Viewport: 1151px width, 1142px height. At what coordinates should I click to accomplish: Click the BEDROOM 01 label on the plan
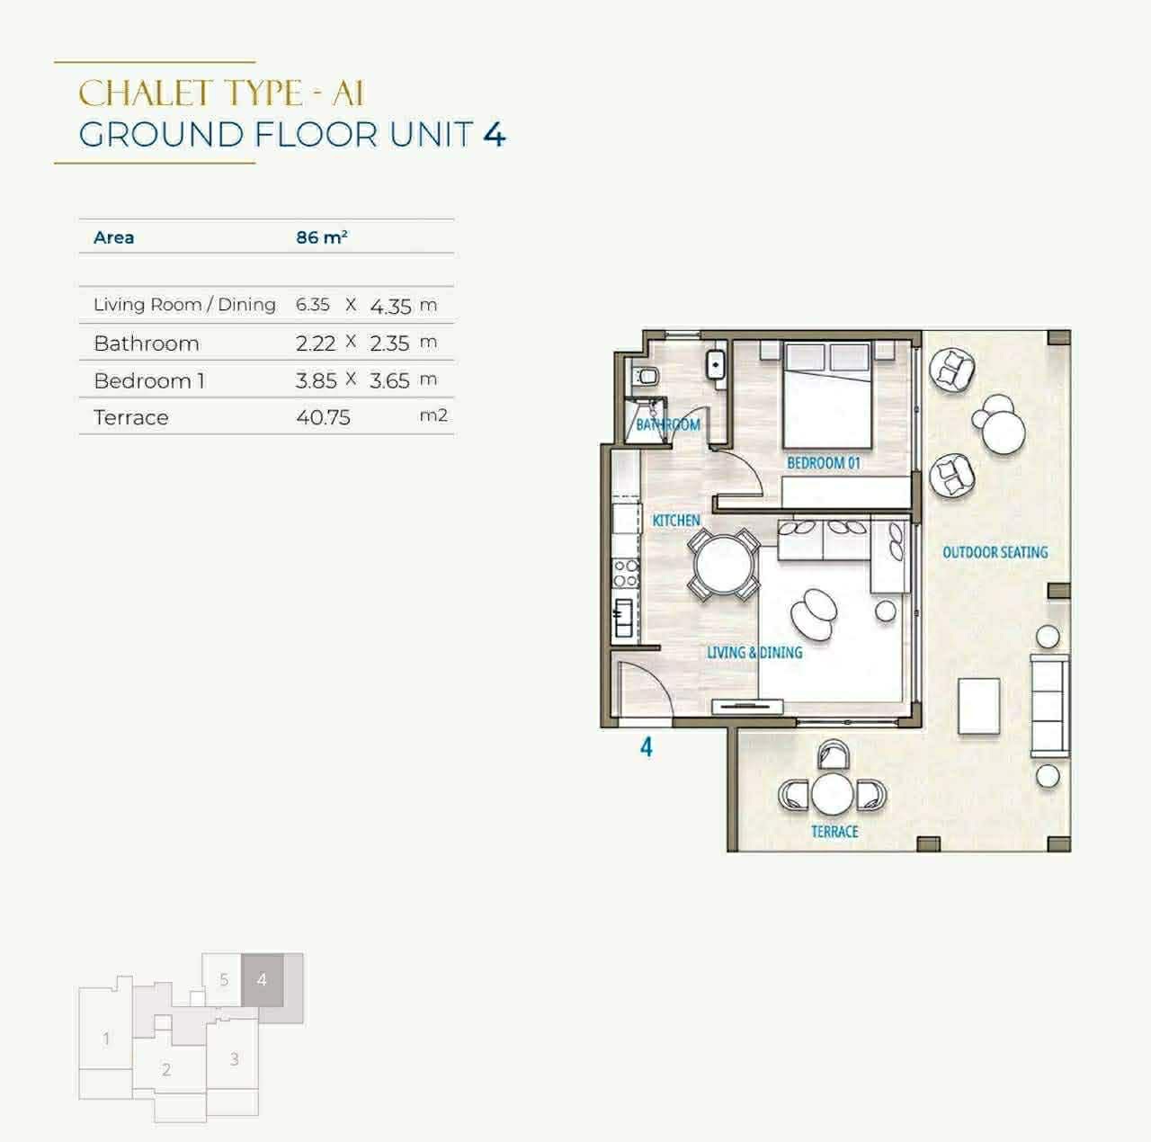tap(824, 462)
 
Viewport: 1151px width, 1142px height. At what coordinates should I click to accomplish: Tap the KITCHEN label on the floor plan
tap(676, 521)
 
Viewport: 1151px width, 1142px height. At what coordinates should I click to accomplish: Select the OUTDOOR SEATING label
tap(995, 552)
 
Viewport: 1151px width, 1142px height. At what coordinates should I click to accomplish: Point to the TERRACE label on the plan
tap(834, 831)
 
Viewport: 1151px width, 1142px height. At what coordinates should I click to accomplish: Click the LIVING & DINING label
tap(754, 653)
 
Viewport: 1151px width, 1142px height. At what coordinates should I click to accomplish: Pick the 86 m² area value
tap(322, 237)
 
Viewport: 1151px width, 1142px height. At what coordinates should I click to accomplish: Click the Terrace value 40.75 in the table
tap(323, 417)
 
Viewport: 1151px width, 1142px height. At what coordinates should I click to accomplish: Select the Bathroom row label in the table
tap(147, 343)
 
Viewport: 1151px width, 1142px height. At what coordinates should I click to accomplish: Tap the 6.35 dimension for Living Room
tap(313, 305)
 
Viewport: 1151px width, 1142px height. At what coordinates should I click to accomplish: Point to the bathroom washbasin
tap(716, 364)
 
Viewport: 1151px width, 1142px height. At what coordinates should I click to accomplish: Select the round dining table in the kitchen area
tap(723, 565)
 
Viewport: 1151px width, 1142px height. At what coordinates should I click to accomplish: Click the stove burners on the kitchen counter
tap(626, 573)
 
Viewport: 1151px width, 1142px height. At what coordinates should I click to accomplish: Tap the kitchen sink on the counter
tap(624, 618)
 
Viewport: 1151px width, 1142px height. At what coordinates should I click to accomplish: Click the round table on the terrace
tap(832, 794)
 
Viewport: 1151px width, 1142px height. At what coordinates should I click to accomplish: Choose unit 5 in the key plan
tap(224, 979)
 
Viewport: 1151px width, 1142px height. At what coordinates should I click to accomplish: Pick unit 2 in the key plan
tap(166, 1069)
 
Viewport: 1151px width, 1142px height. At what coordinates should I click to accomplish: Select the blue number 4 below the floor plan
tap(647, 747)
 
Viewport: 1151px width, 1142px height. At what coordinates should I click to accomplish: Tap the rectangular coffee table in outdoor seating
tap(979, 706)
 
